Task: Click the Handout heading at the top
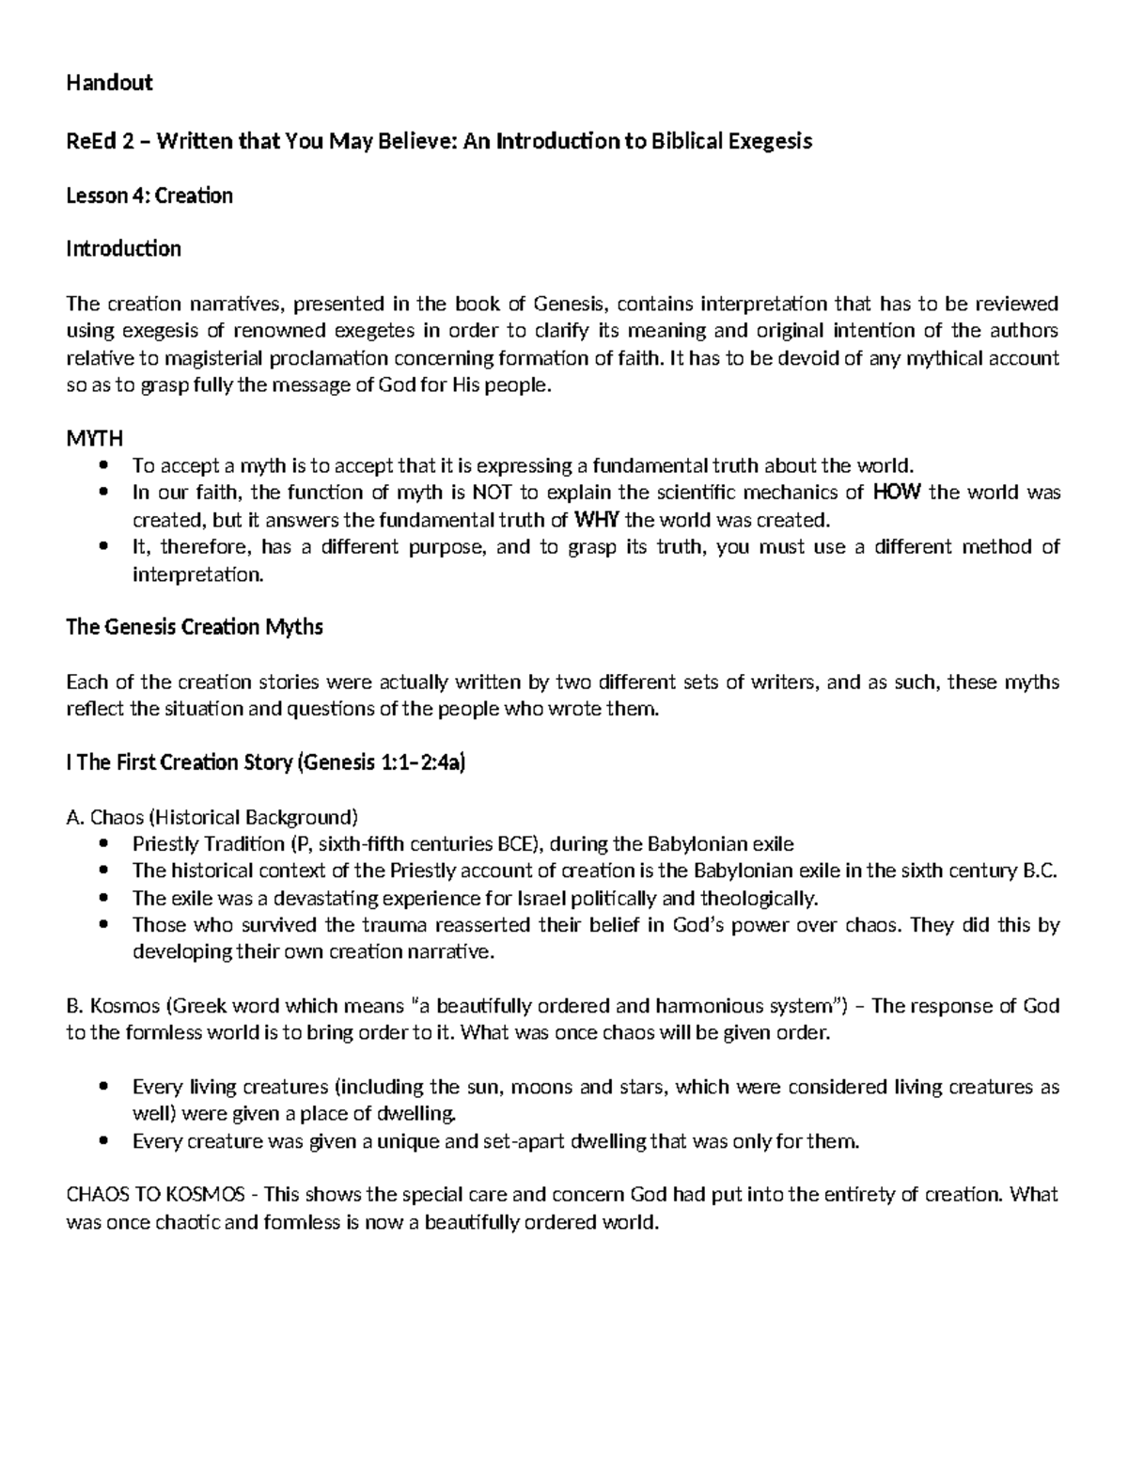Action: (x=109, y=84)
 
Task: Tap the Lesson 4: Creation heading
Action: (x=149, y=196)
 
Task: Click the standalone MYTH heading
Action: (x=94, y=439)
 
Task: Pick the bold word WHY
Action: (x=596, y=520)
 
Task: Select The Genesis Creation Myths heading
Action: (x=195, y=627)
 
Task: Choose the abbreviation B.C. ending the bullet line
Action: (x=1039, y=871)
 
